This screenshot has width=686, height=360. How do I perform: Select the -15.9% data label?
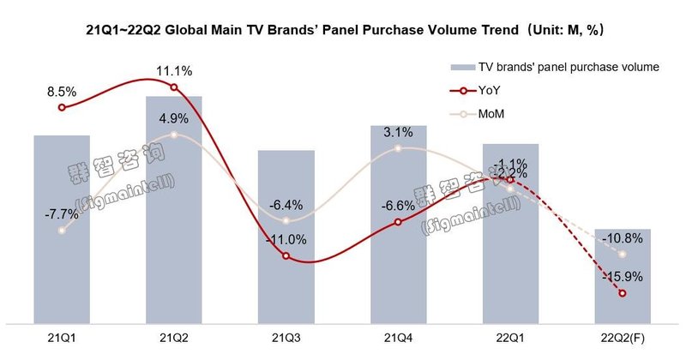619,276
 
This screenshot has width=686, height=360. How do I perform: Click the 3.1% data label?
399,131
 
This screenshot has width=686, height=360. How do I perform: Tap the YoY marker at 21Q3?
286,257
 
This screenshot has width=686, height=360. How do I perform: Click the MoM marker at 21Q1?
62,231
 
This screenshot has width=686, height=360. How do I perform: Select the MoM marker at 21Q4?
399,149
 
